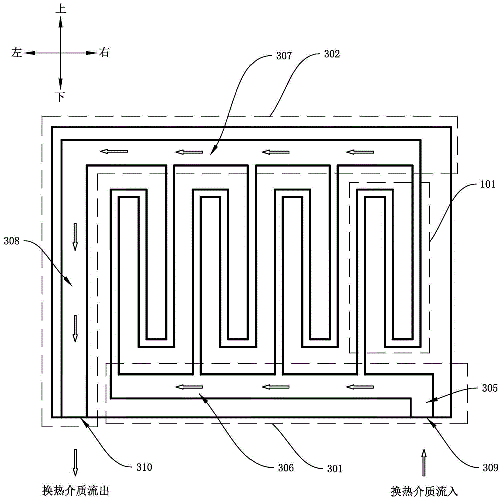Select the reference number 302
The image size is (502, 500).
(331, 55)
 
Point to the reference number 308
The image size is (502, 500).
(11, 241)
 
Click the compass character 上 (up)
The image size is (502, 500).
(60, 9)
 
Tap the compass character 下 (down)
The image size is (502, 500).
(60, 97)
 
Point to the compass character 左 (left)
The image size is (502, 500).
(17, 53)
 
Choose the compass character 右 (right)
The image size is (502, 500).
(104, 52)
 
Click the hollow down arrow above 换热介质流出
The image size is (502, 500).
(75, 462)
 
